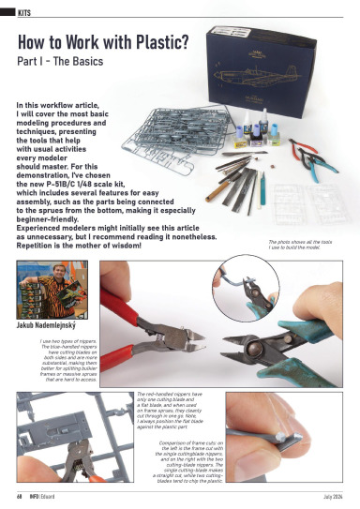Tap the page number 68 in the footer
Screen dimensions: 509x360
tap(19, 495)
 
